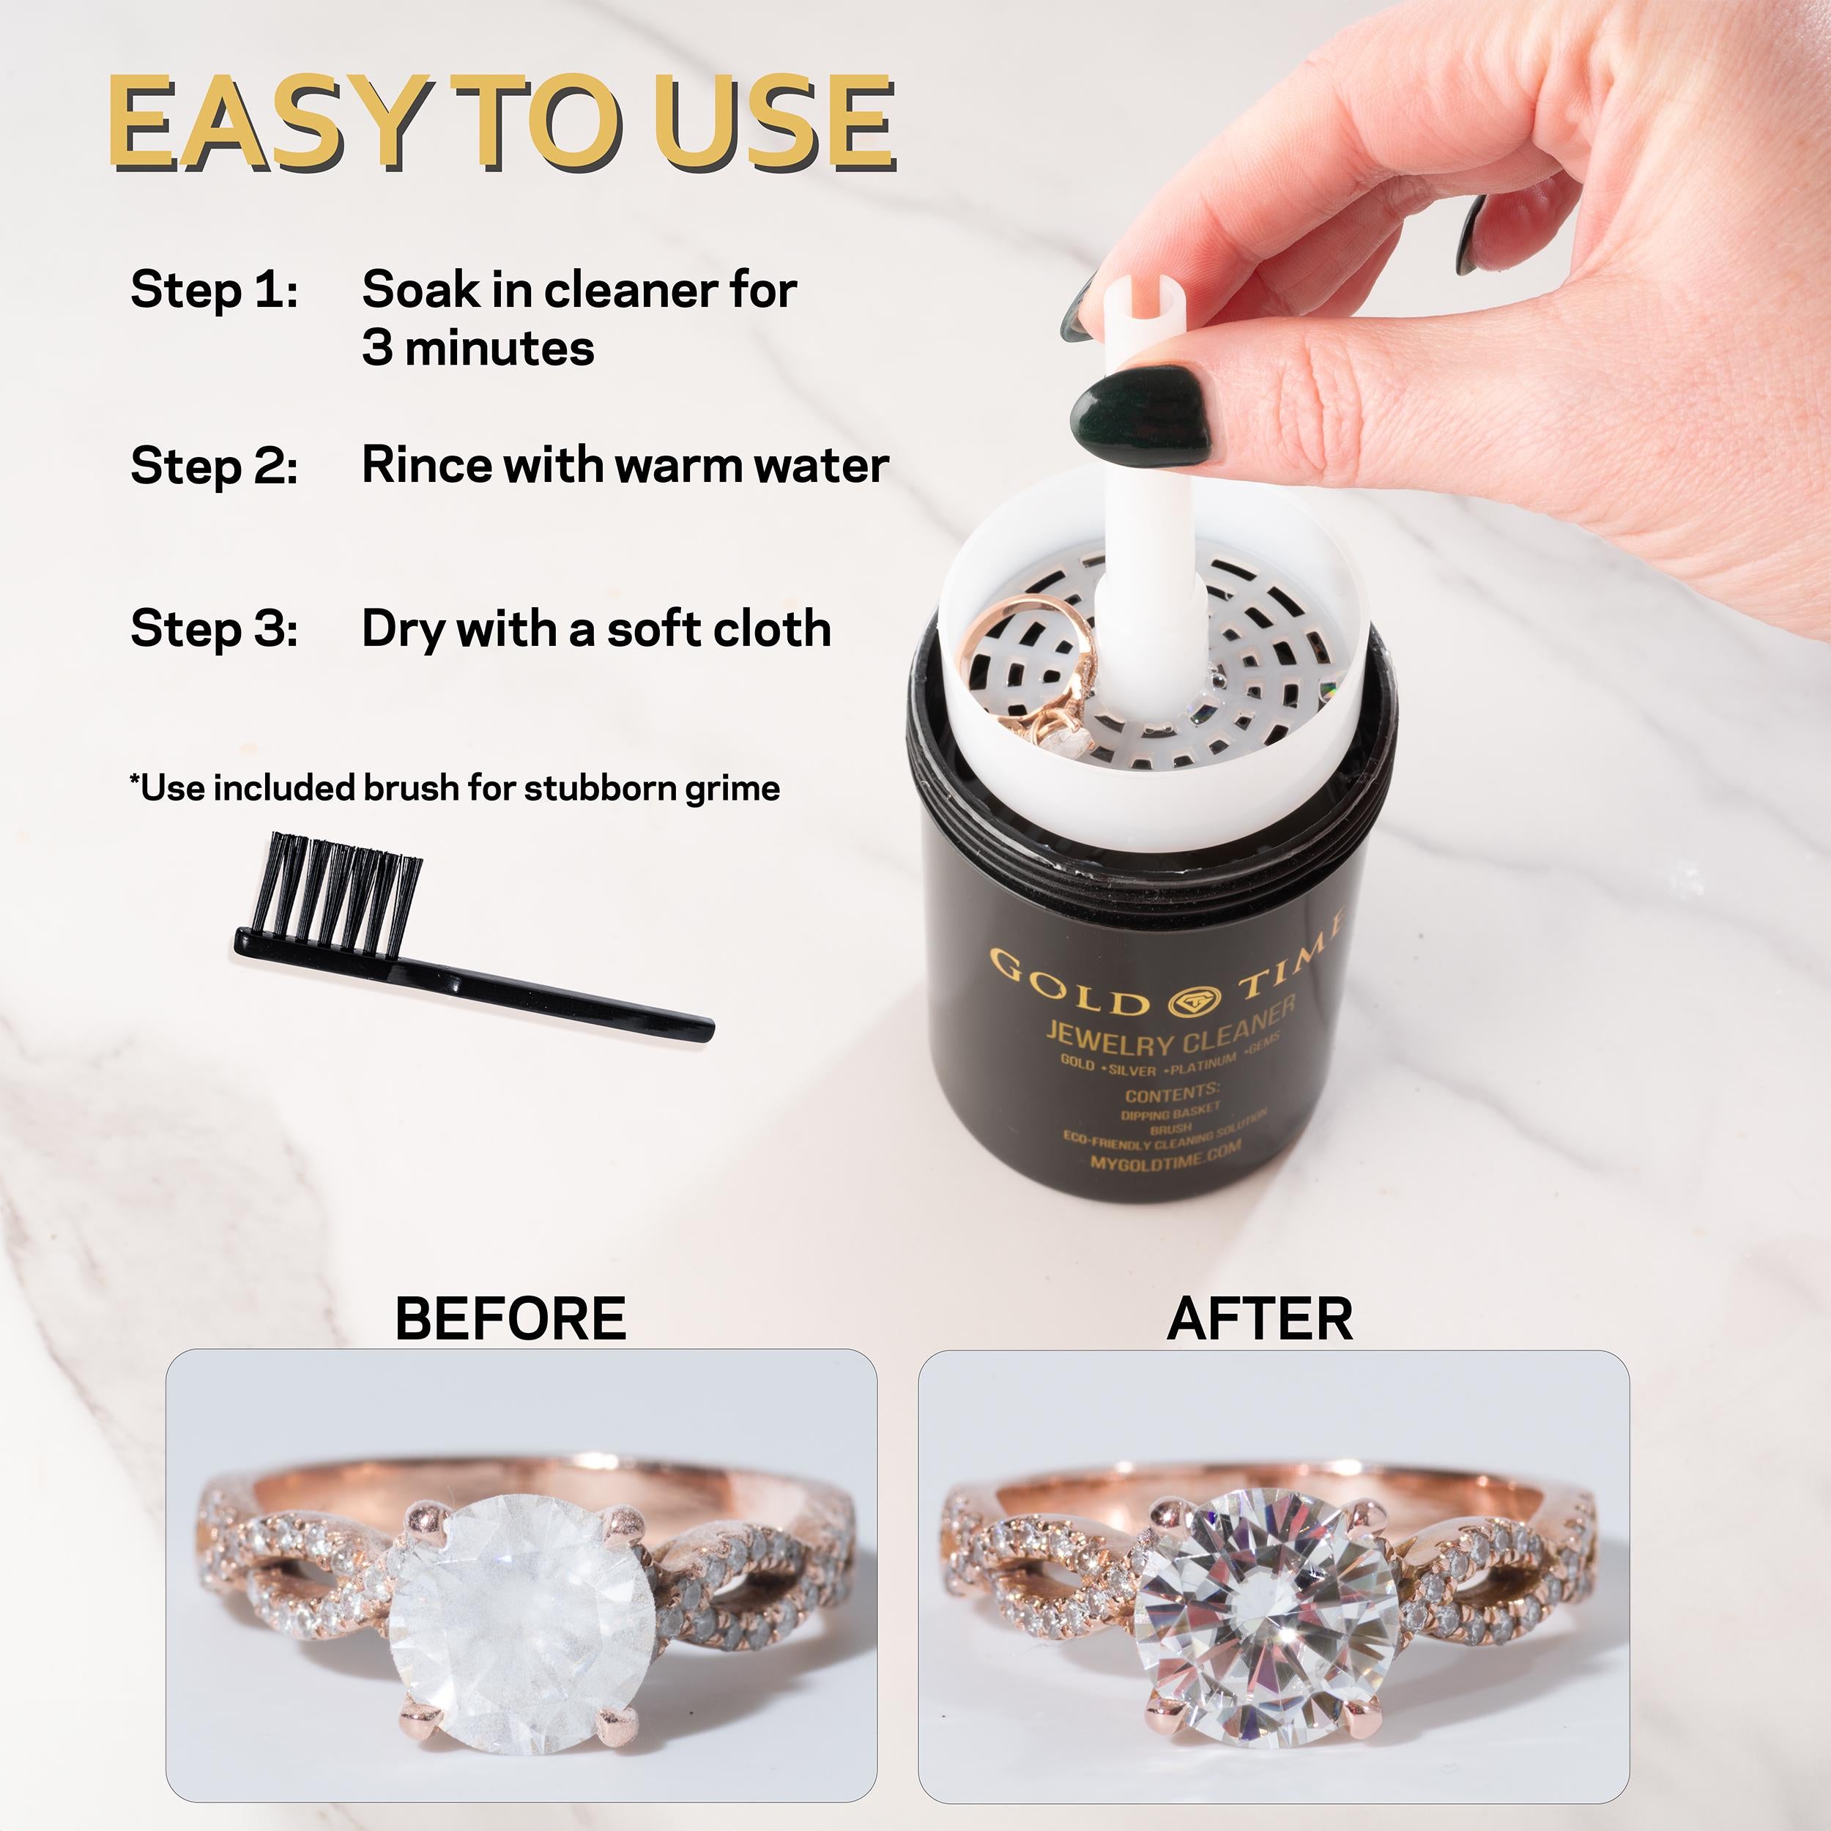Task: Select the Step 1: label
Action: pyautogui.click(x=214, y=289)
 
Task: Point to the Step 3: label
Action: pyautogui.click(x=214, y=628)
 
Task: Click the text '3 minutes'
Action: pyautogui.click(x=478, y=348)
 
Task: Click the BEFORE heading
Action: pyautogui.click(x=510, y=1318)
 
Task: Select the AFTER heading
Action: pyautogui.click(x=1260, y=1318)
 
